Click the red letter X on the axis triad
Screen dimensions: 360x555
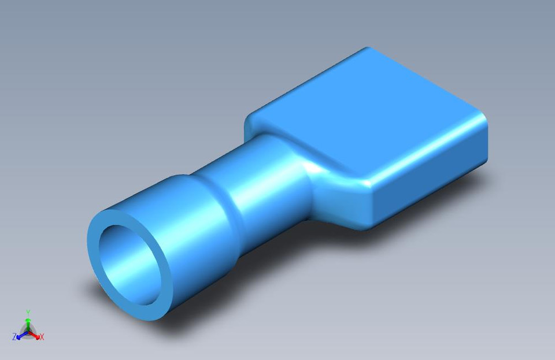coord(42,336)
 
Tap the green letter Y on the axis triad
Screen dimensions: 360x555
coord(28,313)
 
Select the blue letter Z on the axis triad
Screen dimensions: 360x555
coord(14,336)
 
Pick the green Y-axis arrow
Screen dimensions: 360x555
coord(28,321)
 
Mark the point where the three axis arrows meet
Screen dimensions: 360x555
coord(28,330)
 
